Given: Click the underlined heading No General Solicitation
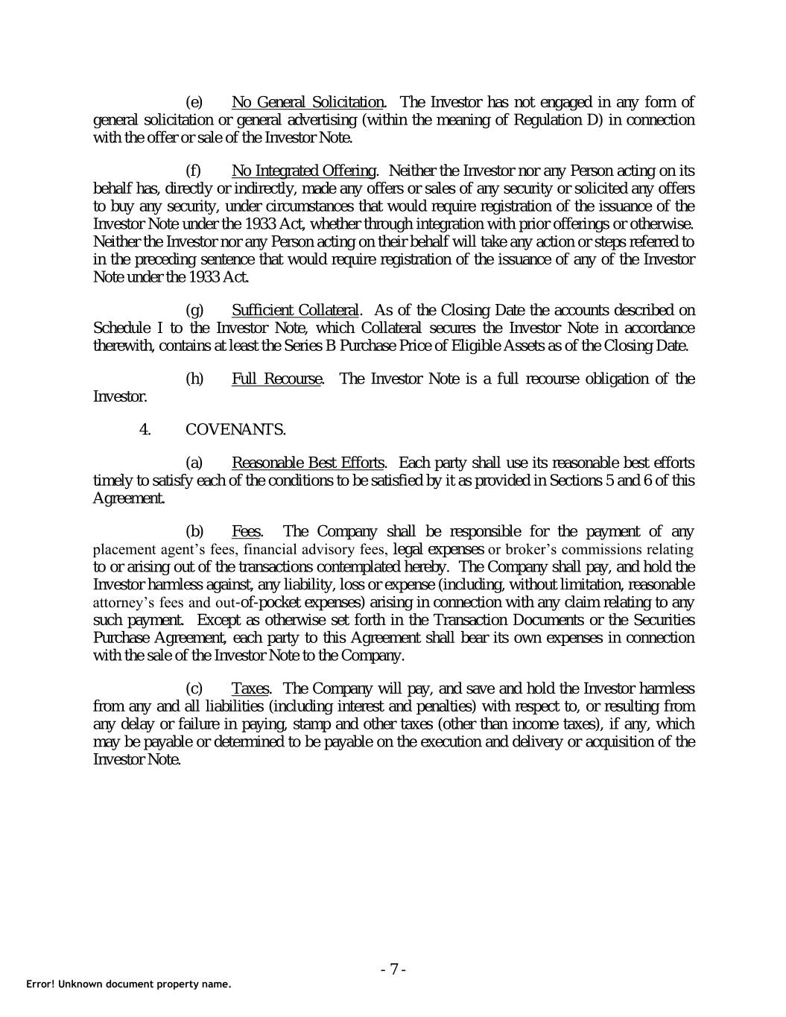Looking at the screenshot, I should point(308,102).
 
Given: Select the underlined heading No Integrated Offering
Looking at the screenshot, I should point(304,171).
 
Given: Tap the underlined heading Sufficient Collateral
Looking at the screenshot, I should point(295,310).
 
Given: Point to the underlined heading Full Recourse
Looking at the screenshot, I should point(276,378).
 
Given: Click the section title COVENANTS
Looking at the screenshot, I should point(235,429).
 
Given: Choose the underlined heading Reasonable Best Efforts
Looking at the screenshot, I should point(308,463).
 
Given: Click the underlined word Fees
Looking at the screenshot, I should point(246,531).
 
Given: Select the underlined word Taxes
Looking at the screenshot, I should point(250,688).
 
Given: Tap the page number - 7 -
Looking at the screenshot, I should point(393,969).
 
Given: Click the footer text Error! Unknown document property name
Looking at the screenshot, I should point(129,984).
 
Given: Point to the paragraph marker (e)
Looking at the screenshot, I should point(194,102).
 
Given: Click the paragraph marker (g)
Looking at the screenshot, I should point(194,310).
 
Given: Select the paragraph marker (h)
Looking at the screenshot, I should point(194,378).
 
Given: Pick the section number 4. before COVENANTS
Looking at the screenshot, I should point(145,429).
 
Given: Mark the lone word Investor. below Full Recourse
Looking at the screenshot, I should point(120,396).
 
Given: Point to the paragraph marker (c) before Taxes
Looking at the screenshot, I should point(194,688).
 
